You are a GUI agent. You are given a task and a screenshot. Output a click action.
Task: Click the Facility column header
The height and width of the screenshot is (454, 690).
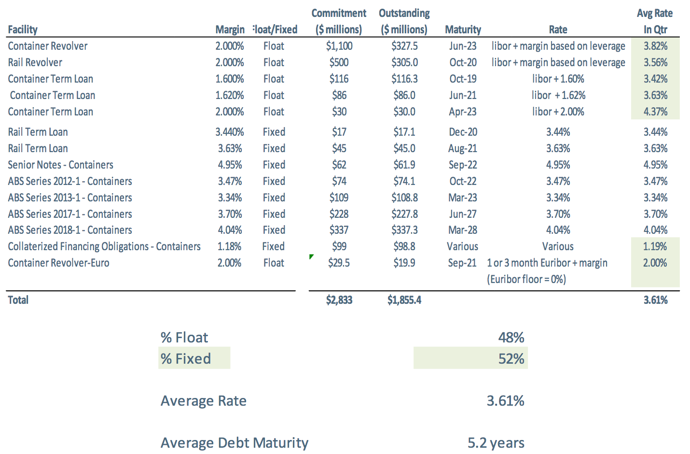(23, 29)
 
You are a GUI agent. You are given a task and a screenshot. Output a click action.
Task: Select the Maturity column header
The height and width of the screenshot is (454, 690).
(463, 29)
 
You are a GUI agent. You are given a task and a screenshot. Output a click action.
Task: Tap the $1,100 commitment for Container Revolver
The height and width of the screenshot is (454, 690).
(339, 46)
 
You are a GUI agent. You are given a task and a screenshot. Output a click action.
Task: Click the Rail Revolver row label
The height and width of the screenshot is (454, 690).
(35, 62)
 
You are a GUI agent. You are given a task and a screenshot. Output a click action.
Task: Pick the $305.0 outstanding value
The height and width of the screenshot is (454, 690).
(404, 62)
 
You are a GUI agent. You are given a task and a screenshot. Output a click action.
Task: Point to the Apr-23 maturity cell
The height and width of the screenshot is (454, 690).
(462, 112)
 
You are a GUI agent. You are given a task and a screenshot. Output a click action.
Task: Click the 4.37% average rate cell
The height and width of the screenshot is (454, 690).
(655, 112)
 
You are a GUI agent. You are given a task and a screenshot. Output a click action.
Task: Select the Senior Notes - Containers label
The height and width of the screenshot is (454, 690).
(60, 165)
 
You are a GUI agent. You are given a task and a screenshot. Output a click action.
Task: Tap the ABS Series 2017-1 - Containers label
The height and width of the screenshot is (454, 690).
(70, 214)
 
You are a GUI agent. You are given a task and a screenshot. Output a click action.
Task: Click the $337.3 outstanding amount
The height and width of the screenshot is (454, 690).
(404, 230)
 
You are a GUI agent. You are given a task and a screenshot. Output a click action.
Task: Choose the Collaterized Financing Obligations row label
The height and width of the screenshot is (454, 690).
(104, 246)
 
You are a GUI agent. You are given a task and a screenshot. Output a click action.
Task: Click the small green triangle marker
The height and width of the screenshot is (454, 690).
(311, 256)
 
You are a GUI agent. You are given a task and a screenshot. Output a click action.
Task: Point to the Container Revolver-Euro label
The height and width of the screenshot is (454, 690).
(58, 263)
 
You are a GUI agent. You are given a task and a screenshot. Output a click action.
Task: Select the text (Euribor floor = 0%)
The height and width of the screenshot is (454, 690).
(526, 279)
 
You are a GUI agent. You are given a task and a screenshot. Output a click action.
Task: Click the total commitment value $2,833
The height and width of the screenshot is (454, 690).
(339, 300)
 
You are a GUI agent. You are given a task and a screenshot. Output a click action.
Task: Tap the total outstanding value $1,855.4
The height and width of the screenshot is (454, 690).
(404, 300)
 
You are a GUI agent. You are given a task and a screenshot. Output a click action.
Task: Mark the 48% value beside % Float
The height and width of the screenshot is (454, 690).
(511, 337)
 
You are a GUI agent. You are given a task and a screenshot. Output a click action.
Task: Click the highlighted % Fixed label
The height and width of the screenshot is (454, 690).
(186, 358)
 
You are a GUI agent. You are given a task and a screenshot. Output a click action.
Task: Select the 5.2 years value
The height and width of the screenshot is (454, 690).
(496, 442)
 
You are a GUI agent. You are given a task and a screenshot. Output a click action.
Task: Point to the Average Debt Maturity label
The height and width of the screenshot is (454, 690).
(235, 442)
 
